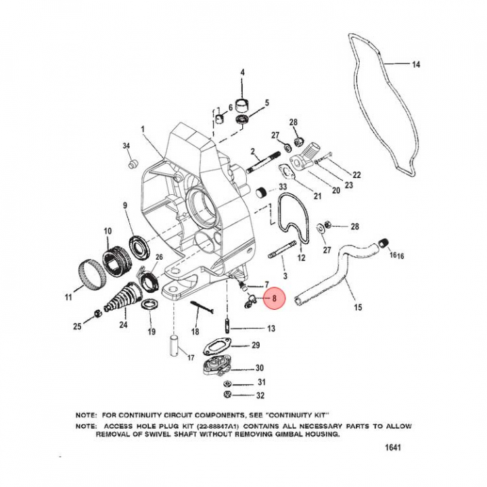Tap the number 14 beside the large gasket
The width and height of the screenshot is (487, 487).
[416, 65]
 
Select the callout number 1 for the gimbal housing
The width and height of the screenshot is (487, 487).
[143, 128]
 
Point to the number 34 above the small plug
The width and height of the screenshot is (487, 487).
[126, 146]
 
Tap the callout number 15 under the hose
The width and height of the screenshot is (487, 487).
[358, 308]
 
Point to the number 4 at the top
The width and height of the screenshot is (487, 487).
[243, 72]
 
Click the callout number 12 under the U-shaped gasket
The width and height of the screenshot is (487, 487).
[302, 258]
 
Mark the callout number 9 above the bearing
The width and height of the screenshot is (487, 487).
[125, 206]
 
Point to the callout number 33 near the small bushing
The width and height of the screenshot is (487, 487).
[283, 187]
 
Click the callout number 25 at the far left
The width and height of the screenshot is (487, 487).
[78, 327]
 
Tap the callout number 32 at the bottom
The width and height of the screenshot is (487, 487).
[260, 395]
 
